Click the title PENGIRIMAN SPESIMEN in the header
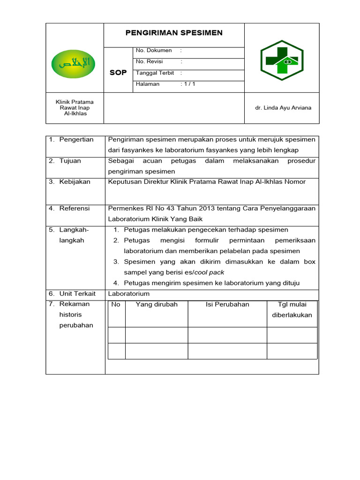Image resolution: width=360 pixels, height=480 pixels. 174,33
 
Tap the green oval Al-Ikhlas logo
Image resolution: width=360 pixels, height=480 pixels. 74,62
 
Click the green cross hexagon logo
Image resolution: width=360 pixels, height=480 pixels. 282,58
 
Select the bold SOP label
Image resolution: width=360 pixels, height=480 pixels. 118,73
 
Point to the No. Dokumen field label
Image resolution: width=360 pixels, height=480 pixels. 153,50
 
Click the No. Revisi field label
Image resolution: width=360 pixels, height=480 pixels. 150,61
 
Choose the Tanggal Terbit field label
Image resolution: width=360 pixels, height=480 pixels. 155,73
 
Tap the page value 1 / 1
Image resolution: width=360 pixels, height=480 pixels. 189,84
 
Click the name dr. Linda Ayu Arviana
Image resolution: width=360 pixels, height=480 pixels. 283,108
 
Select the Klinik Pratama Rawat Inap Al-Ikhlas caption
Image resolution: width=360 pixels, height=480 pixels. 75,108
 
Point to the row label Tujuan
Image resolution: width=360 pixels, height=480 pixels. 70,161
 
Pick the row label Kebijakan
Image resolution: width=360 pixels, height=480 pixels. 75,182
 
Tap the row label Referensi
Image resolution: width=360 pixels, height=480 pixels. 74,208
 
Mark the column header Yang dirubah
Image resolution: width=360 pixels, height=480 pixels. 157,305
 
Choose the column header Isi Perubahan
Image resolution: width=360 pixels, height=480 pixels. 227,305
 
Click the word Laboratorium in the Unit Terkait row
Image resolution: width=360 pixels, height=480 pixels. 129,293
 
